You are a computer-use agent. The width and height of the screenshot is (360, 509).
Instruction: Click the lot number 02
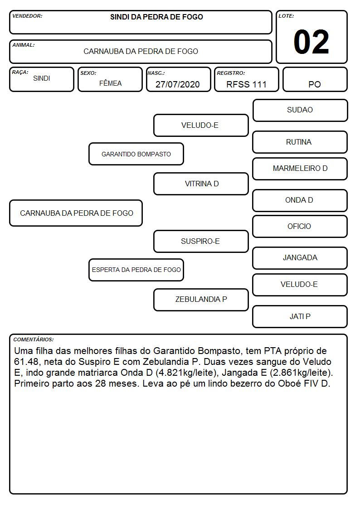(311, 42)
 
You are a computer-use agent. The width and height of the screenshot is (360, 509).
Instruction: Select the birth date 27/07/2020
(178, 84)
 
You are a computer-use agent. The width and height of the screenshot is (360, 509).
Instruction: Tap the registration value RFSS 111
(246, 84)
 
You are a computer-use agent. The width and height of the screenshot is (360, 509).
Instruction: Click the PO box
(315, 79)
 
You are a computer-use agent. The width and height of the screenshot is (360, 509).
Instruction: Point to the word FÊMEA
(110, 83)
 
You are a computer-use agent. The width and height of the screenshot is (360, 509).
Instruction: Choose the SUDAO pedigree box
(300, 111)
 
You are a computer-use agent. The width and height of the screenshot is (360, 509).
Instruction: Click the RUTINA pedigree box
(300, 142)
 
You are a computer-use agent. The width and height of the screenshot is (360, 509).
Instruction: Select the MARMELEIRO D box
(300, 169)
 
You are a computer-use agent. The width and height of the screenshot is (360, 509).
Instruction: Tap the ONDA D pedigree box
(300, 200)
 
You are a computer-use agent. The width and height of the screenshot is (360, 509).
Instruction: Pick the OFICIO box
(300, 226)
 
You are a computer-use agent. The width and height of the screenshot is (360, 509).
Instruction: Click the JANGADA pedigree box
(300, 258)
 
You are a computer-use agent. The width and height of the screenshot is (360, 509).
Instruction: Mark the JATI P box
(300, 316)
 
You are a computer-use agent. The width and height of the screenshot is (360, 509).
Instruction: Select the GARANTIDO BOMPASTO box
(136, 154)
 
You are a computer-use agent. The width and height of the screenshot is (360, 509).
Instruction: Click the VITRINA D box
(201, 184)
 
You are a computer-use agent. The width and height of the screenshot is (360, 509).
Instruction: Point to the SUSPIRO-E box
(201, 241)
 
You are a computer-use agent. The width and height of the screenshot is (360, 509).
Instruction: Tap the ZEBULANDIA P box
(201, 300)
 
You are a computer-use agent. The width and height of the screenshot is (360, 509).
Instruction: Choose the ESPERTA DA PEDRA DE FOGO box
(136, 270)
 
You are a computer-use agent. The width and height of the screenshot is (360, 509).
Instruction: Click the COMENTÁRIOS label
(34, 339)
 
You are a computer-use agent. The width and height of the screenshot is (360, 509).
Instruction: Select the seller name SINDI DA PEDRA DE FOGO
(156, 17)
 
